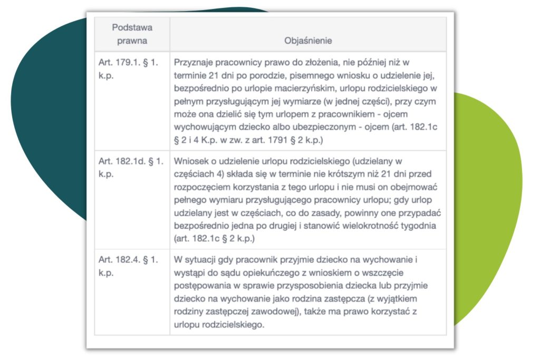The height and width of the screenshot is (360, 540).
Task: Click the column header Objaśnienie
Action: (x=308, y=41)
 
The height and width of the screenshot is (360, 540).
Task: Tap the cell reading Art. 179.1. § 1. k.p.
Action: (x=128, y=68)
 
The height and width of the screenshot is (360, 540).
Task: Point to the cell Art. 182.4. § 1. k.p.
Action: (x=128, y=266)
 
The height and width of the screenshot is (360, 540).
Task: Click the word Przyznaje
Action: (x=192, y=62)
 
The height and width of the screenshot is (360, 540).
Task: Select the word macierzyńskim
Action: (x=296, y=88)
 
